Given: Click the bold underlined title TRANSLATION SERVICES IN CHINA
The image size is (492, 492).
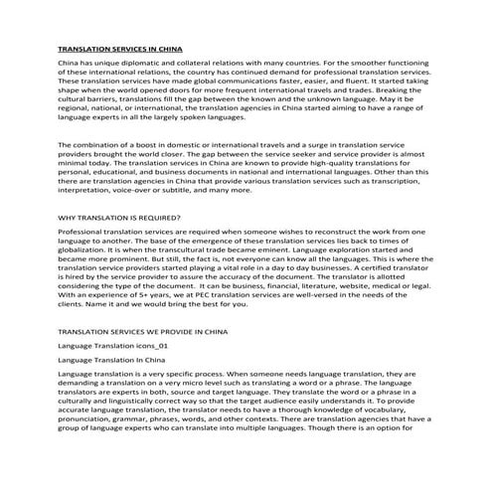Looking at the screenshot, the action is (120, 48).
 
